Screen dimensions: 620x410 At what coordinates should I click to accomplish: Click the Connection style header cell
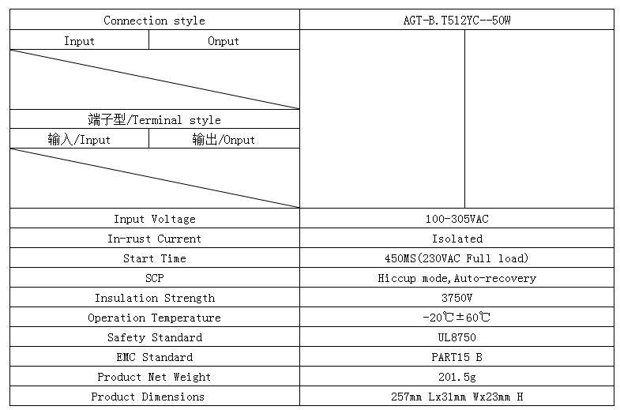154,21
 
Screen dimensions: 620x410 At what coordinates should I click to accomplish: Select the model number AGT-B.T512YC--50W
457,21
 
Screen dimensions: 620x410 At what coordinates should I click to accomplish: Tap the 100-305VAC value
457,219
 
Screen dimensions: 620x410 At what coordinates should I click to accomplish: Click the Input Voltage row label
155,219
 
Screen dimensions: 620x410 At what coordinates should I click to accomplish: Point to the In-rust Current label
154,239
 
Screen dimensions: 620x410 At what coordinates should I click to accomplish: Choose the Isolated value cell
457,239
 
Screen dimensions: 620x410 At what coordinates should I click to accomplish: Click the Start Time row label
155,258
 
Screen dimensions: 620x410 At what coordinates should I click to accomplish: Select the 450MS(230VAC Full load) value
457,258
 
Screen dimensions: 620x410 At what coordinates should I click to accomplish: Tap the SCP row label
154,278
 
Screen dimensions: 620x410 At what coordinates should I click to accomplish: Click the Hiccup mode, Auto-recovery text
457,278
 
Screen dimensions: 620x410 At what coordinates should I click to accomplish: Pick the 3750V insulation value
457,298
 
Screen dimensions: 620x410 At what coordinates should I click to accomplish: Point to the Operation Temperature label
154,318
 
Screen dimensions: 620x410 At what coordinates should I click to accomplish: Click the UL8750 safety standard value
457,337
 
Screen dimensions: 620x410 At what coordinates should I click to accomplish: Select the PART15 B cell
457,357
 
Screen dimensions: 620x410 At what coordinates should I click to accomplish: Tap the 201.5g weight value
457,377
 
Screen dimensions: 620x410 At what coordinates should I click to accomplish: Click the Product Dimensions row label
148,397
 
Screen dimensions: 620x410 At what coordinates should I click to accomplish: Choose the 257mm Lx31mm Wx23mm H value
457,397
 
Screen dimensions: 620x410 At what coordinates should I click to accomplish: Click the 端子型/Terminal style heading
154,119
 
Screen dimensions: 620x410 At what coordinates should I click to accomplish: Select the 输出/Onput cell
224,139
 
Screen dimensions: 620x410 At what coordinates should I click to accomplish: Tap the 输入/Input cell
79,139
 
